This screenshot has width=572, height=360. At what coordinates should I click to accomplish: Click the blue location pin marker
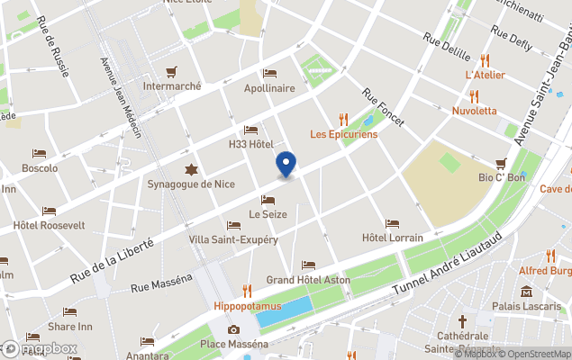point(285,165)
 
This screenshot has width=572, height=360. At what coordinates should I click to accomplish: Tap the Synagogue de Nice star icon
point(190,169)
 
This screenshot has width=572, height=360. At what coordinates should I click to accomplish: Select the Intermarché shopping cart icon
point(171,72)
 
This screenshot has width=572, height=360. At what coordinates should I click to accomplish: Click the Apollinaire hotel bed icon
point(269,73)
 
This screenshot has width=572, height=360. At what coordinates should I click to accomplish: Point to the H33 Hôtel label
point(250,144)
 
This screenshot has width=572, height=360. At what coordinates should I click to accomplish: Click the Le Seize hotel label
point(267,214)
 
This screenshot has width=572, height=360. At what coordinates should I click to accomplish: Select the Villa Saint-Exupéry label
point(233,239)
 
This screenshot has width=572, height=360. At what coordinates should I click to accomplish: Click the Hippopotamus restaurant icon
point(247,290)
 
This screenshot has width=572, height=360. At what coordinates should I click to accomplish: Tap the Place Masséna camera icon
point(233,329)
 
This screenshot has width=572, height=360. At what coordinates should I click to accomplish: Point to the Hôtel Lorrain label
point(392,238)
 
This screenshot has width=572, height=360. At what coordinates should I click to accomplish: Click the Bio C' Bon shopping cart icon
point(501,163)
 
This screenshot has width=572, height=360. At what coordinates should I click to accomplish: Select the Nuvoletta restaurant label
point(475,111)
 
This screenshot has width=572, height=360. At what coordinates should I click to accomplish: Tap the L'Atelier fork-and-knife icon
point(485,60)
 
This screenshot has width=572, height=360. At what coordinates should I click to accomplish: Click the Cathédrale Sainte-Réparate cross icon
point(462,320)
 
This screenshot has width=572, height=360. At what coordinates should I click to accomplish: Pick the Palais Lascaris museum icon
point(526,292)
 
